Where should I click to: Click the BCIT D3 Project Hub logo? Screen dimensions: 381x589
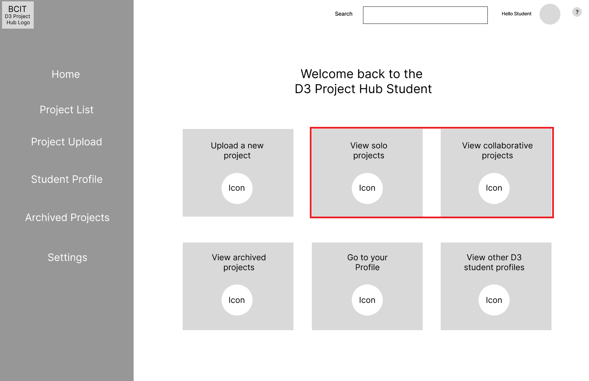18,15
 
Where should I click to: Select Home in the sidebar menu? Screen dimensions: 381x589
66,74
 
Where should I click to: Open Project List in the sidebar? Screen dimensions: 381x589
66,109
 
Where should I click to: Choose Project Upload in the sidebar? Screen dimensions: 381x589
66,142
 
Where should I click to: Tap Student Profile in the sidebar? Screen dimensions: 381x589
67,179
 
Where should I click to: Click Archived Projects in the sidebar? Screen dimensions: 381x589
67,217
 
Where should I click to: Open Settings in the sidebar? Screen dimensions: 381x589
67,257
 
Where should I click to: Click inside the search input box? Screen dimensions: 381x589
425,15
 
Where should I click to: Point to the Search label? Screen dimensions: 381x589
344,14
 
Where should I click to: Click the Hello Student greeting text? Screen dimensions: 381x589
516,14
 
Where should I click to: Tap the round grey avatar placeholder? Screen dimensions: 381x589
550,14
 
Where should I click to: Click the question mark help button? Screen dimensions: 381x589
577,12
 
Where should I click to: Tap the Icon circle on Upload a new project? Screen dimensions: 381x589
237,188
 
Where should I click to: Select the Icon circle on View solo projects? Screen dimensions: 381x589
367,188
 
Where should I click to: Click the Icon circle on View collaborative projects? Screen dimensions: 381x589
494,188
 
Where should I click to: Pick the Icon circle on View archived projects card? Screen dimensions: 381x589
237,300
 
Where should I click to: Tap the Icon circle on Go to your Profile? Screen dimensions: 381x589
367,300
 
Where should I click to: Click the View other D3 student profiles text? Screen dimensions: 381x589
494,262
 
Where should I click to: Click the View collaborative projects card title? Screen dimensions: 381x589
497,150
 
